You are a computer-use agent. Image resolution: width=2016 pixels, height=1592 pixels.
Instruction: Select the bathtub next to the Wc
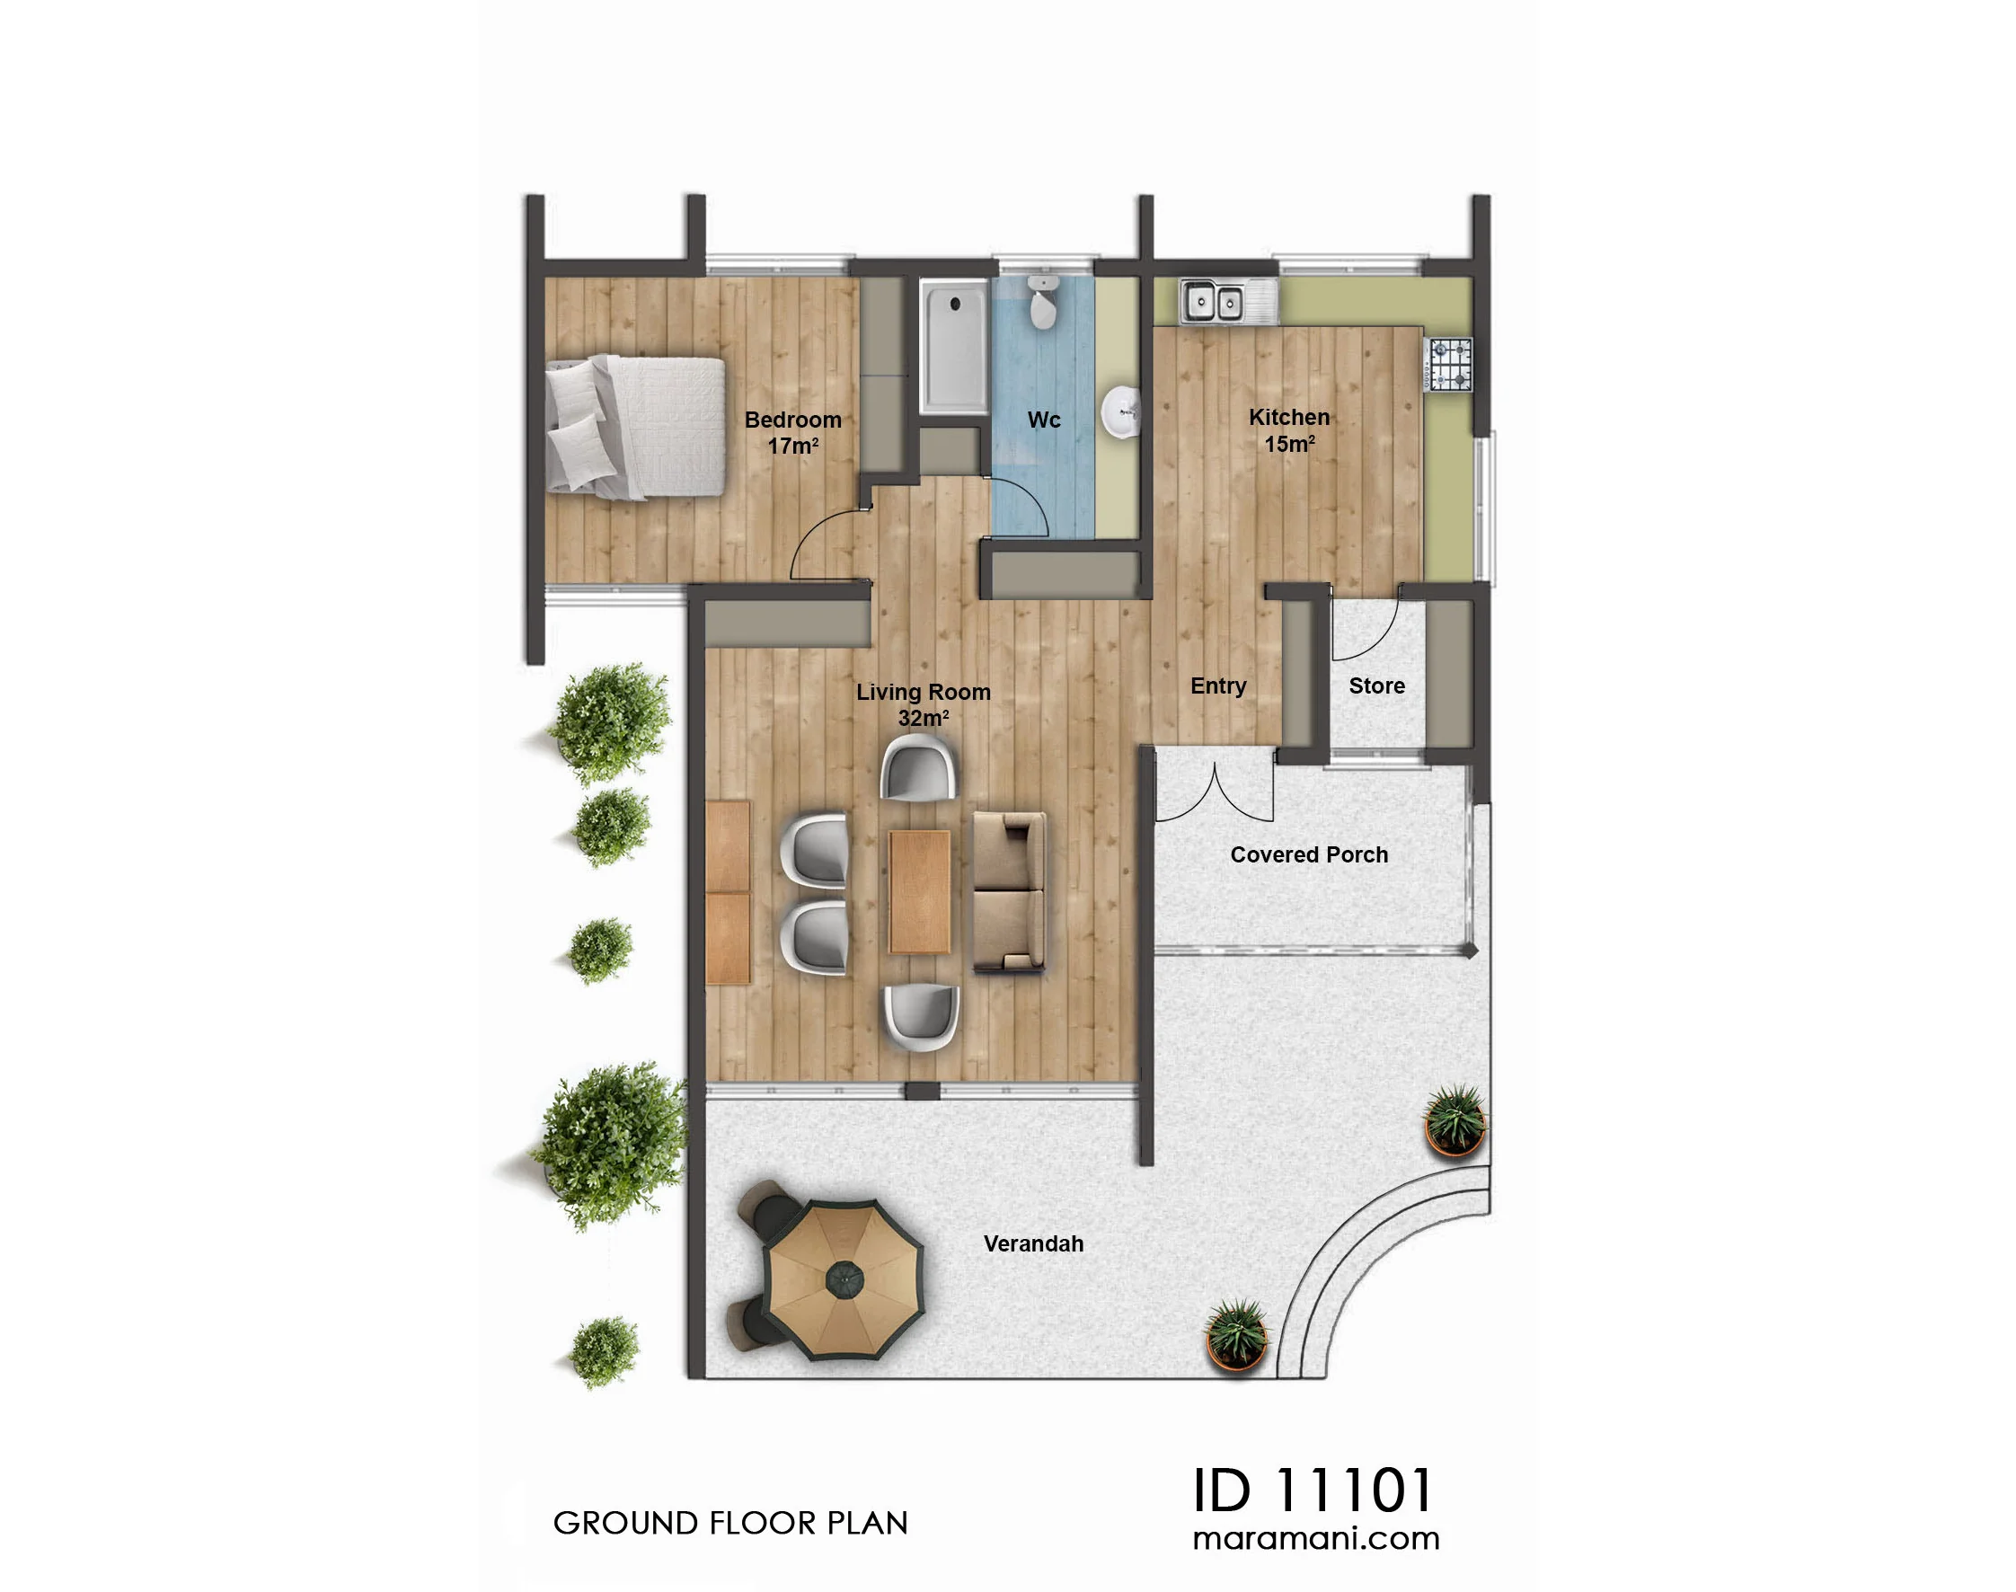pyautogui.click(x=953, y=347)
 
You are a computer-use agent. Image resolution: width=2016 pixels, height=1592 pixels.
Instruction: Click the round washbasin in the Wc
pyautogui.click(x=1121, y=411)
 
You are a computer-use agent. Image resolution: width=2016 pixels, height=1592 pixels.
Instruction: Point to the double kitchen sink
pyautogui.click(x=1213, y=301)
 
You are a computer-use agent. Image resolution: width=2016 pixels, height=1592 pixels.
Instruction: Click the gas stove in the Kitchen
pyautogui.click(x=1448, y=365)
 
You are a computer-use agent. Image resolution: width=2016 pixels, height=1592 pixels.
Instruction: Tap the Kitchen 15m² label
pyautogui.click(x=1289, y=429)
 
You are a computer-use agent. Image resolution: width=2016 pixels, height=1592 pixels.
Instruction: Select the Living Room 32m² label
pyautogui.click(x=923, y=703)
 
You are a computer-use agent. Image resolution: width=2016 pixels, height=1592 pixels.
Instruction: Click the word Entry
pyautogui.click(x=1218, y=686)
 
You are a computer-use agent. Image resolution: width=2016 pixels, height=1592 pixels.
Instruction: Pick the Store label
pyautogui.click(x=1376, y=686)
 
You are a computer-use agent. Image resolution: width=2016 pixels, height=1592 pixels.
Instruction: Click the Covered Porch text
pyautogui.click(x=1309, y=854)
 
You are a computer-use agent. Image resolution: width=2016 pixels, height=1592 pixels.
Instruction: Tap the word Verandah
pyautogui.click(x=1034, y=1243)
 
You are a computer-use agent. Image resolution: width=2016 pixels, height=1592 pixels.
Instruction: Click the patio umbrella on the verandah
pyautogui.click(x=844, y=1278)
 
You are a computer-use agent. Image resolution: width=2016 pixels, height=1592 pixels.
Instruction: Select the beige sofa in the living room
pyautogui.click(x=1009, y=892)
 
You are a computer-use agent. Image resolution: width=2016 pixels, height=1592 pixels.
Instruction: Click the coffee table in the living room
pyautogui.click(x=919, y=892)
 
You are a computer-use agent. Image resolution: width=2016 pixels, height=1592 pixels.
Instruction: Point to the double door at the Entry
pyautogui.click(x=1215, y=794)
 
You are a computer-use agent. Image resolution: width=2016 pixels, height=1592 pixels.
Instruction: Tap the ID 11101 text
pyautogui.click(x=1313, y=1490)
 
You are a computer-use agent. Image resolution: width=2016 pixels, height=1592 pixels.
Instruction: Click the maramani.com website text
pyautogui.click(x=1316, y=1539)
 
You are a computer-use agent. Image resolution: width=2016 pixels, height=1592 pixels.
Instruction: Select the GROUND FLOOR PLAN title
pyautogui.click(x=730, y=1523)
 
